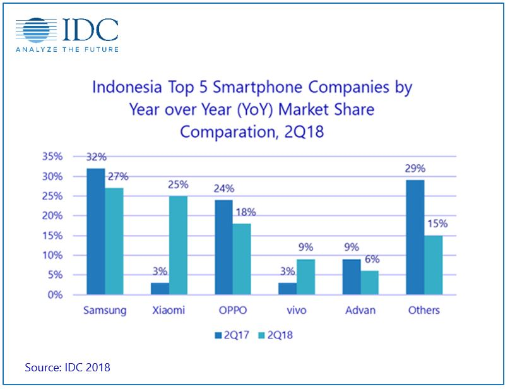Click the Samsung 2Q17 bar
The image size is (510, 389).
pos(96,231)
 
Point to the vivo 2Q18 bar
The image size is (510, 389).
pos(305,277)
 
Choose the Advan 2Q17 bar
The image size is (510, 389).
pos(352,277)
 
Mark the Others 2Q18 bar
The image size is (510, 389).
pos(434,265)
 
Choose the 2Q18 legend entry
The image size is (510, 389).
pos(276,335)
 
